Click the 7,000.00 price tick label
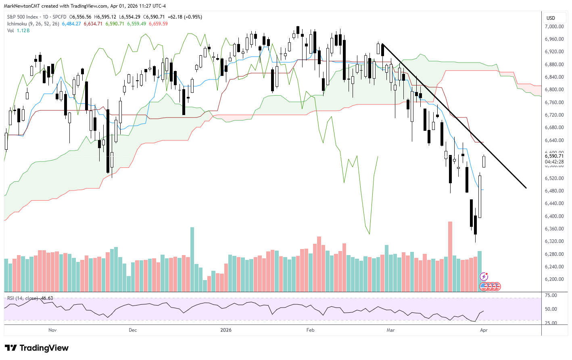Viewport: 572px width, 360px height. tap(554, 27)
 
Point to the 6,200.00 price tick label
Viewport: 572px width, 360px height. tap(554, 279)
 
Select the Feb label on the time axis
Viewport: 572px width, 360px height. tap(310, 330)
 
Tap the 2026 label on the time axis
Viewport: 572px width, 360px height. tap(226, 330)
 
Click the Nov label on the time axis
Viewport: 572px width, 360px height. tap(52, 330)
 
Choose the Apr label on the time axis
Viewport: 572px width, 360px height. tap(484, 330)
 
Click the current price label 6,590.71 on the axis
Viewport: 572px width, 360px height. tap(554, 156)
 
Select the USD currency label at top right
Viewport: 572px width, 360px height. tap(551, 18)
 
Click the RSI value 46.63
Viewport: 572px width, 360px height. tap(47, 298)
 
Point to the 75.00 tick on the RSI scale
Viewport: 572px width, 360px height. tap(551, 295)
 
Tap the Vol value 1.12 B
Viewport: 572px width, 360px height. tap(23, 31)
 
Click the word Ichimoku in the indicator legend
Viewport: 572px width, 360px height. tap(17, 24)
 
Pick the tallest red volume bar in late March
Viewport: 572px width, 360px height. tap(450, 256)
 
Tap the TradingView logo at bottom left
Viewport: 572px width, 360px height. tap(37, 348)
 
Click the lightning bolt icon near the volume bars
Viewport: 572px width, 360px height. tap(484, 276)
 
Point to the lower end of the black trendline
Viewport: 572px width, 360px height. tap(526, 188)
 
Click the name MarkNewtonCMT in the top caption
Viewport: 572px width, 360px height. tap(23, 6)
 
